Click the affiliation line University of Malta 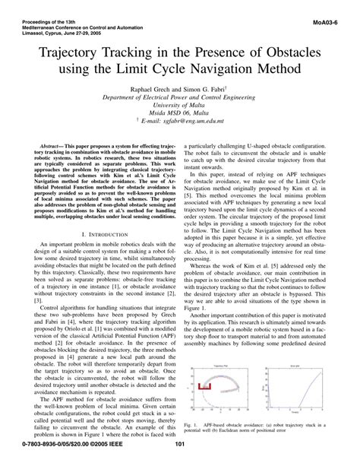click(x=180, y=107)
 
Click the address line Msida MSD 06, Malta click(x=180, y=117)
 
